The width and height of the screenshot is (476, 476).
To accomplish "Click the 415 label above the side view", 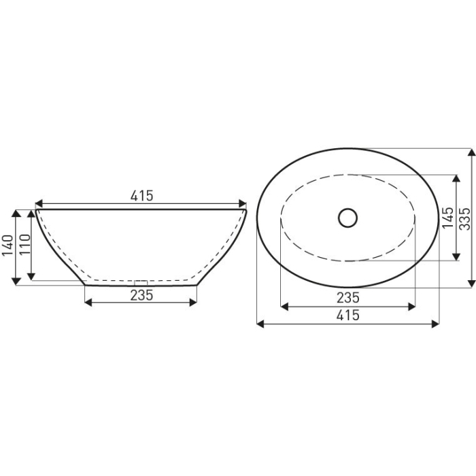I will coord(141,196).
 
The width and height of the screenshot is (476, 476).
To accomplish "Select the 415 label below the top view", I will coord(347,315).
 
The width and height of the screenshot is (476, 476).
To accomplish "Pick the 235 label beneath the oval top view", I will coord(347,297).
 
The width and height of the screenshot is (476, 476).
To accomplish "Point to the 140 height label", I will coord(7,246).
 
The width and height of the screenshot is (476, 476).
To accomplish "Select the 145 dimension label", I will coord(447,218).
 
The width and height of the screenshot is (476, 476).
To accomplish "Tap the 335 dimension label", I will coord(464,218).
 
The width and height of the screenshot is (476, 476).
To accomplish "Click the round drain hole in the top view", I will coord(347,218).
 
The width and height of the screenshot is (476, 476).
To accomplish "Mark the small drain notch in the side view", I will coord(141,281).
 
